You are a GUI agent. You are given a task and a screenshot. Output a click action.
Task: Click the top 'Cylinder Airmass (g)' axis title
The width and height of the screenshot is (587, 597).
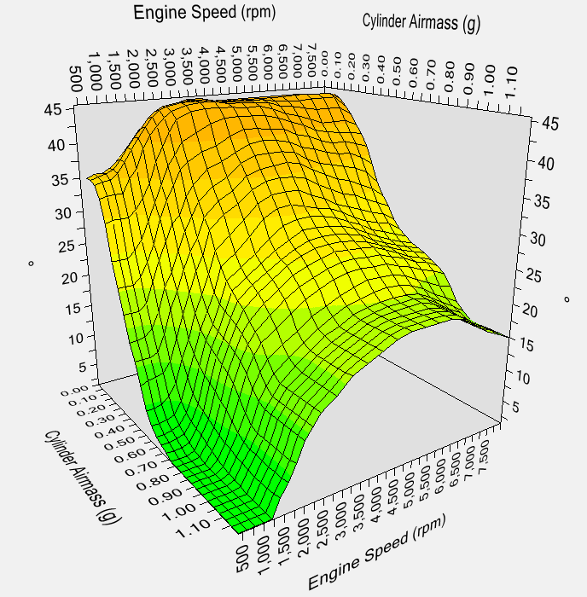click(421, 21)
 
